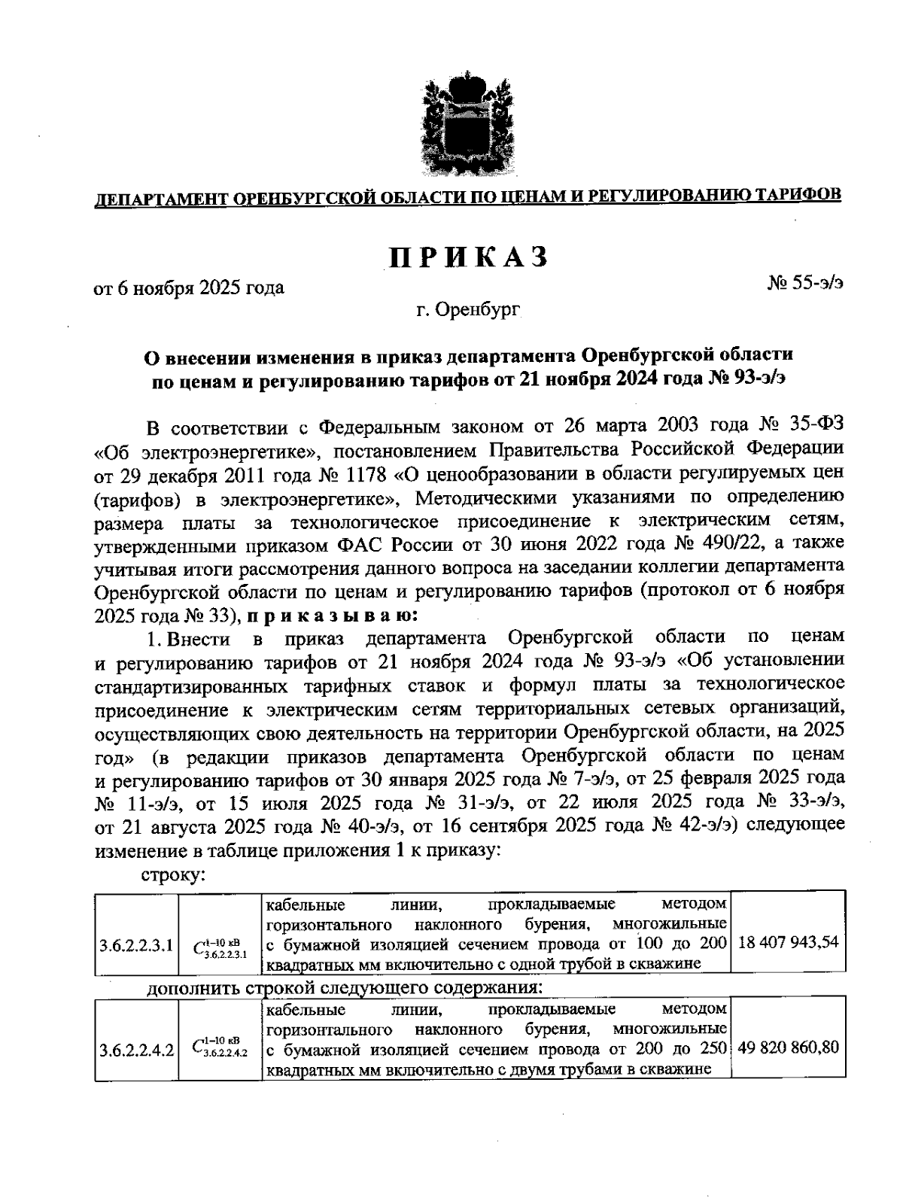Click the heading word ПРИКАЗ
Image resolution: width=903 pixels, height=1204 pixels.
467,257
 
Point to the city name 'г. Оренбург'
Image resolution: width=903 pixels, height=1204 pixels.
467,309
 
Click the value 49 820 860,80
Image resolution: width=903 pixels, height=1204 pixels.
788,1046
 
